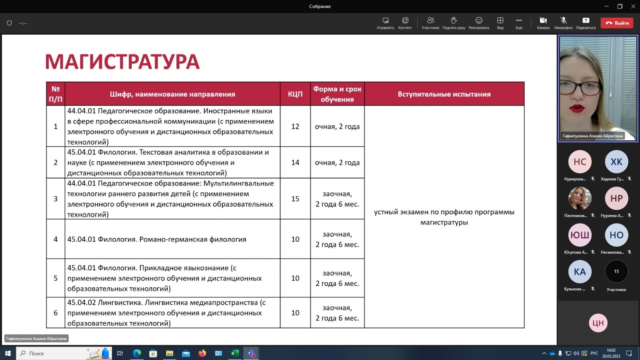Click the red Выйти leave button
617,23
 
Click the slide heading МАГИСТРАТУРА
122,62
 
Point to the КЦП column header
295,94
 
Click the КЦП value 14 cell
295,162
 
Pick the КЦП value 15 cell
295,199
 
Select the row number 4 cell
56,239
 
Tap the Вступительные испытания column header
444,94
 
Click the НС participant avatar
580,162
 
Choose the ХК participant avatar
616,162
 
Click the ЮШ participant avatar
580,235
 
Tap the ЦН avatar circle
598,323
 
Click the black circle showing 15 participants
616,272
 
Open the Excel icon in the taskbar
235,353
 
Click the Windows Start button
8,353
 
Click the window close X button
633,6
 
